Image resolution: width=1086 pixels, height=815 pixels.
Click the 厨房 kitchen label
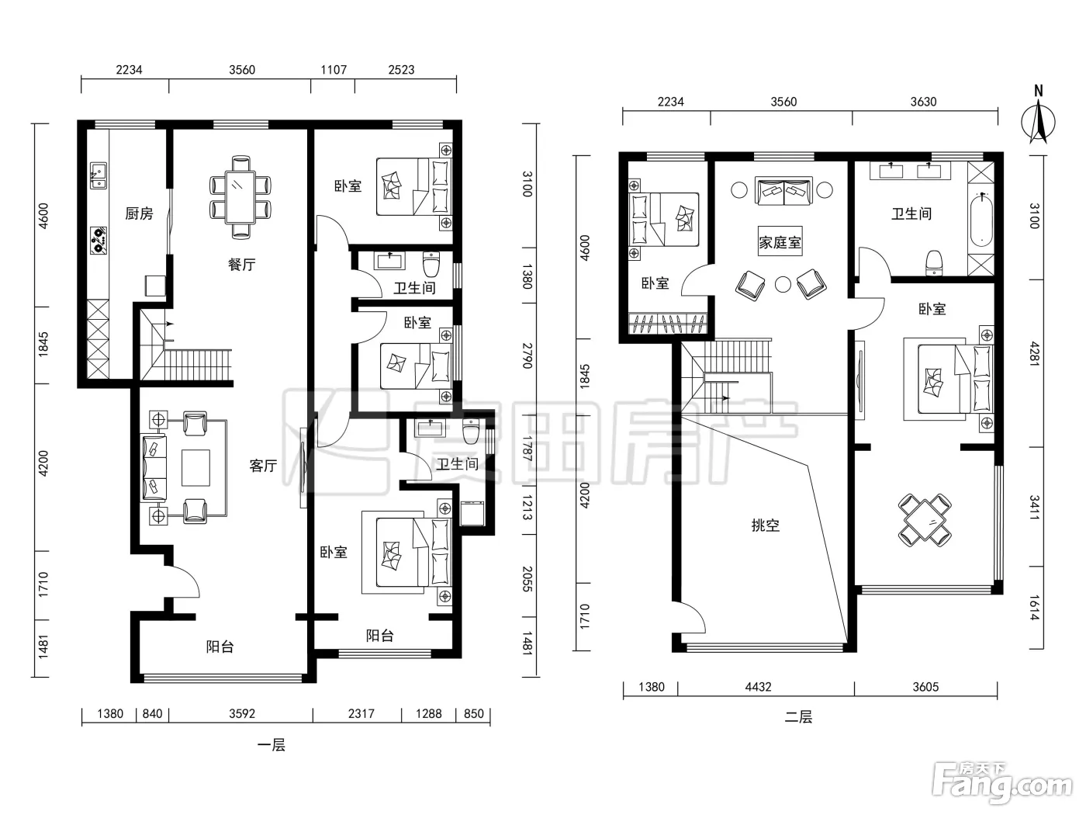[x=139, y=213]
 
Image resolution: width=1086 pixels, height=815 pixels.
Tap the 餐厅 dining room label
[x=241, y=265]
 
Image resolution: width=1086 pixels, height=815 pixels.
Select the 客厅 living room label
[x=263, y=466]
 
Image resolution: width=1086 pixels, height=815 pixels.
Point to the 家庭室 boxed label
[x=780, y=242]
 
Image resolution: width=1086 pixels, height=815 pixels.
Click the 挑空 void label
[x=766, y=525]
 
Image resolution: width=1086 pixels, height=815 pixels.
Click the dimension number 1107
[x=334, y=70]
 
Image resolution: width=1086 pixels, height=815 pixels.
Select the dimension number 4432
[x=758, y=687]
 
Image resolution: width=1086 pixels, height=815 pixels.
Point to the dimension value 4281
[x=1034, y=353]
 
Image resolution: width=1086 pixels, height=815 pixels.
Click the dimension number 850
[x=473, y=713]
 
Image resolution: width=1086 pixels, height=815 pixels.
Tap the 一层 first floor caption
[x=271, y=745]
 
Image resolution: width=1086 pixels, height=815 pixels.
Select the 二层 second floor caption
[x=798, y=717]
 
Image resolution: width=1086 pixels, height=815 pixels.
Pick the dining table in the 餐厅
[x=240, y=197]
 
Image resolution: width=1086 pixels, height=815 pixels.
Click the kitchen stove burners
[x=99, y=241]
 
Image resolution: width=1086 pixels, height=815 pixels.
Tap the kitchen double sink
[x=99, y=175]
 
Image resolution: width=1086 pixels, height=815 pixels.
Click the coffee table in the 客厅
[x=195, y=467]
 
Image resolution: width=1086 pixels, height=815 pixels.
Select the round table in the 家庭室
[x=783, y=284]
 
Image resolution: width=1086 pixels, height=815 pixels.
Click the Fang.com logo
[x=1002, y=787]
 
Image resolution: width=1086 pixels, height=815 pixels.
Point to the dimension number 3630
[x=923, y=102]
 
